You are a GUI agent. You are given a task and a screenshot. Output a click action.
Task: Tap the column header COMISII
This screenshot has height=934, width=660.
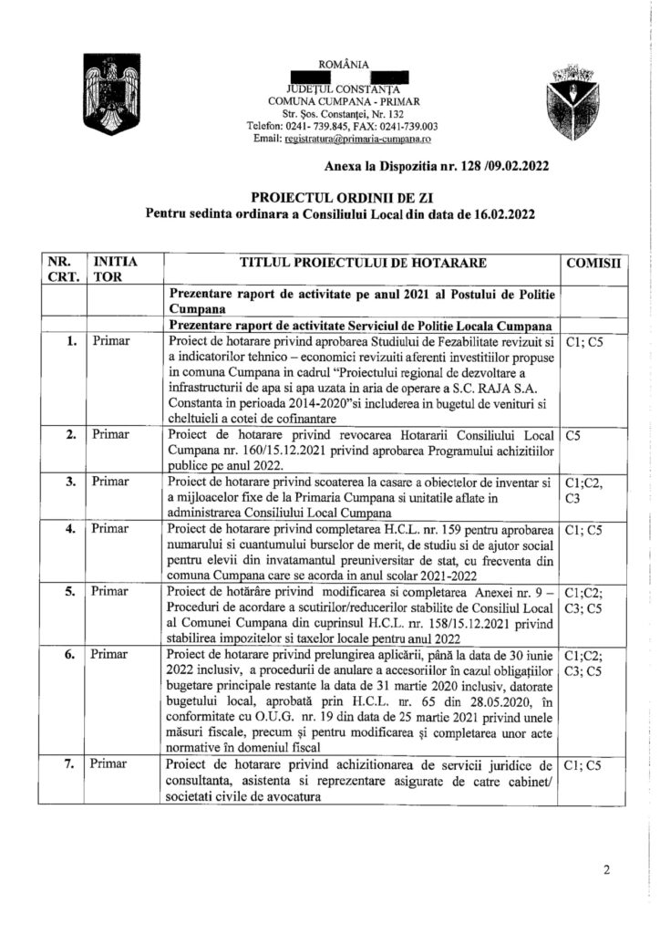tap(593, 263)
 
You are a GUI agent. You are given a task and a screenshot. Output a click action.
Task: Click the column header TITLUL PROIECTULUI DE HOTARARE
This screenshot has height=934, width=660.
tap(363, 263)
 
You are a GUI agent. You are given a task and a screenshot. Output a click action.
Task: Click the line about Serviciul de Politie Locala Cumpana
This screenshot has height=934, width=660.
tap(363, 326)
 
